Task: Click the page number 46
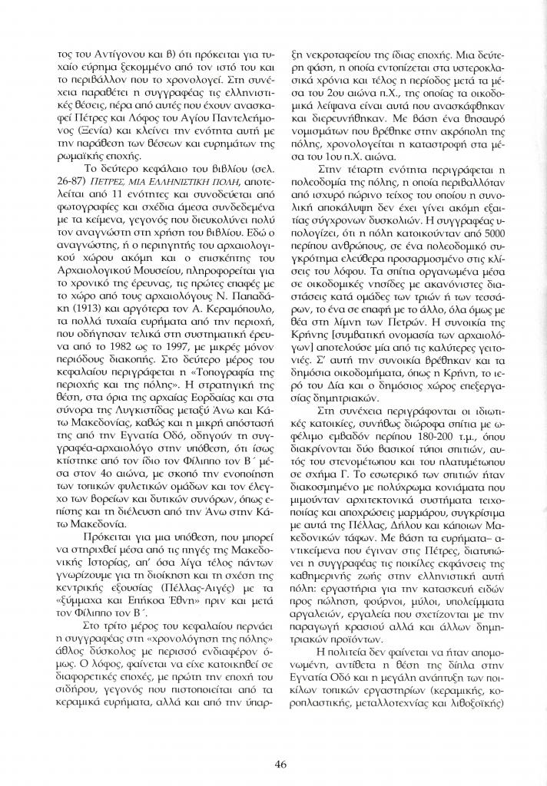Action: (x=281, y=762)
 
